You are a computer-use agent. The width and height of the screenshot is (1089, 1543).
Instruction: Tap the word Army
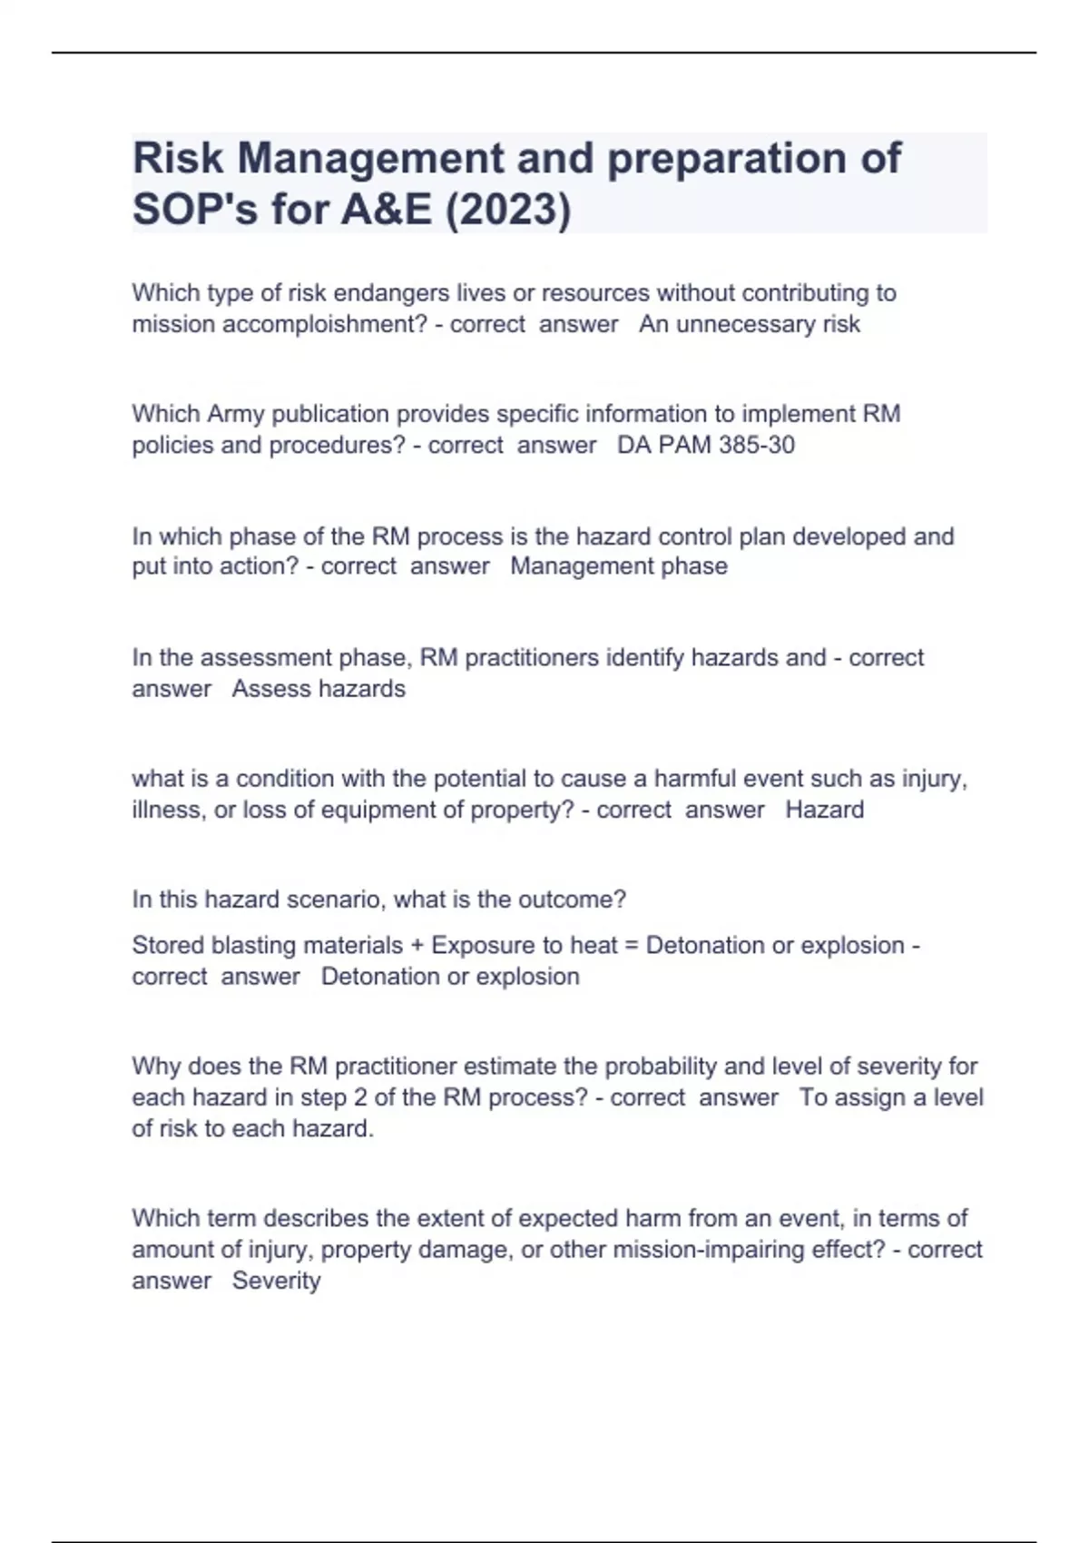pos(235,414)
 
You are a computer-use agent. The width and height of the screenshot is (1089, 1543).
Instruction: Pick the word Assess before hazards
pos(269,689)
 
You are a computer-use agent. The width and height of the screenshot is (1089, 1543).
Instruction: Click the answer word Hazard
pos(824,810)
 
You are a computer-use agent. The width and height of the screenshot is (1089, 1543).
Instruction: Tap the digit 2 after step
pos(360,1097)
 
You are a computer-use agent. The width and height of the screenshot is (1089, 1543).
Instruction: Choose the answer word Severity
pos(276,1281)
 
